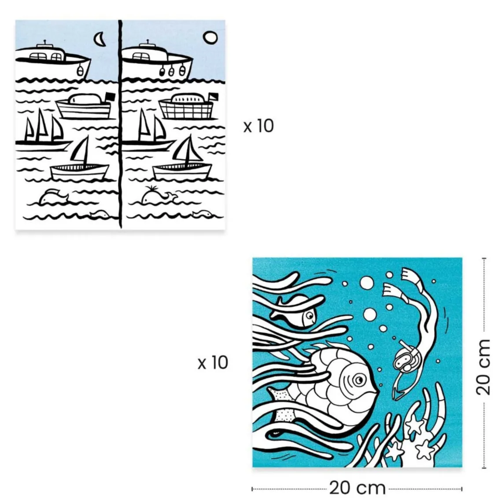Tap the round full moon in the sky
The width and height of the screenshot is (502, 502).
(x=210, y=38)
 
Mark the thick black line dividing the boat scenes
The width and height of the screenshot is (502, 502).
(x=120, y=123)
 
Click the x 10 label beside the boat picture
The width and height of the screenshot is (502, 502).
(x=258, y=126)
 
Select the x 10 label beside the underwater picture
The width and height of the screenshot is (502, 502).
(x=213, y=363)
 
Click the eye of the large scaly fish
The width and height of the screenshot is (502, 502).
(x=359, y=379)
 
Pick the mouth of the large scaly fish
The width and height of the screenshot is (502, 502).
(x=375, y=390)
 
